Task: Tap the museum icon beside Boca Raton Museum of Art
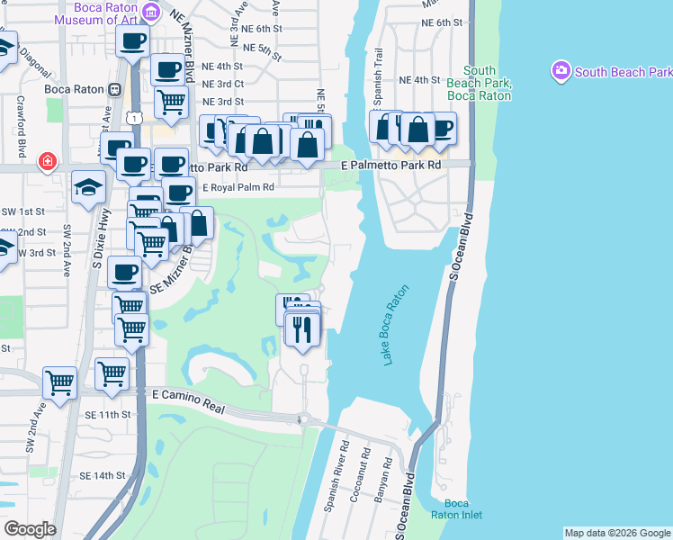pos(152,11)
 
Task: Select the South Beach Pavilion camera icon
pos(562,70)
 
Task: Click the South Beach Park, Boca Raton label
pos(479,83)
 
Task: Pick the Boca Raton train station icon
pos(114,90)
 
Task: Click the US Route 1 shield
pos(133,117)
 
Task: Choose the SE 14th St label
pos(101,475)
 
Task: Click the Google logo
pos(30,529)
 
